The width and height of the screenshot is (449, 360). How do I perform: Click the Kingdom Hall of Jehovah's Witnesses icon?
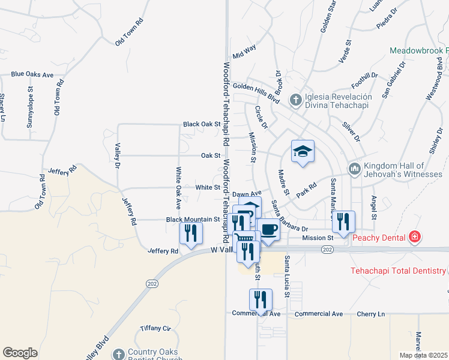[354, 170]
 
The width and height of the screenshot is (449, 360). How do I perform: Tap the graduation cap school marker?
[303, 152]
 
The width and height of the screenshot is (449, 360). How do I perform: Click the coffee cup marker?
[268, 230]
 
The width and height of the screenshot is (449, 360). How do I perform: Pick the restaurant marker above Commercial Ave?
[261, 298]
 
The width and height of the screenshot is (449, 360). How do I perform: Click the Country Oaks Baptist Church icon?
[118, 354]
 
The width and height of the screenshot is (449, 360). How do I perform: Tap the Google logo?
[20, 353]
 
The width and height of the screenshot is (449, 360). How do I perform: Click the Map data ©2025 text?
[423, 355]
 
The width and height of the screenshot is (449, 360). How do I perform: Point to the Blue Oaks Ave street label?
[32, 75]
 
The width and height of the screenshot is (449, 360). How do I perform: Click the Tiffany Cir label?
[155, 328]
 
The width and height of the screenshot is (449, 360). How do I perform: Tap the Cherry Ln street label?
[372, 314]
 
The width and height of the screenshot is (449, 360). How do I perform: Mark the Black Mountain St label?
[192, 220]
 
